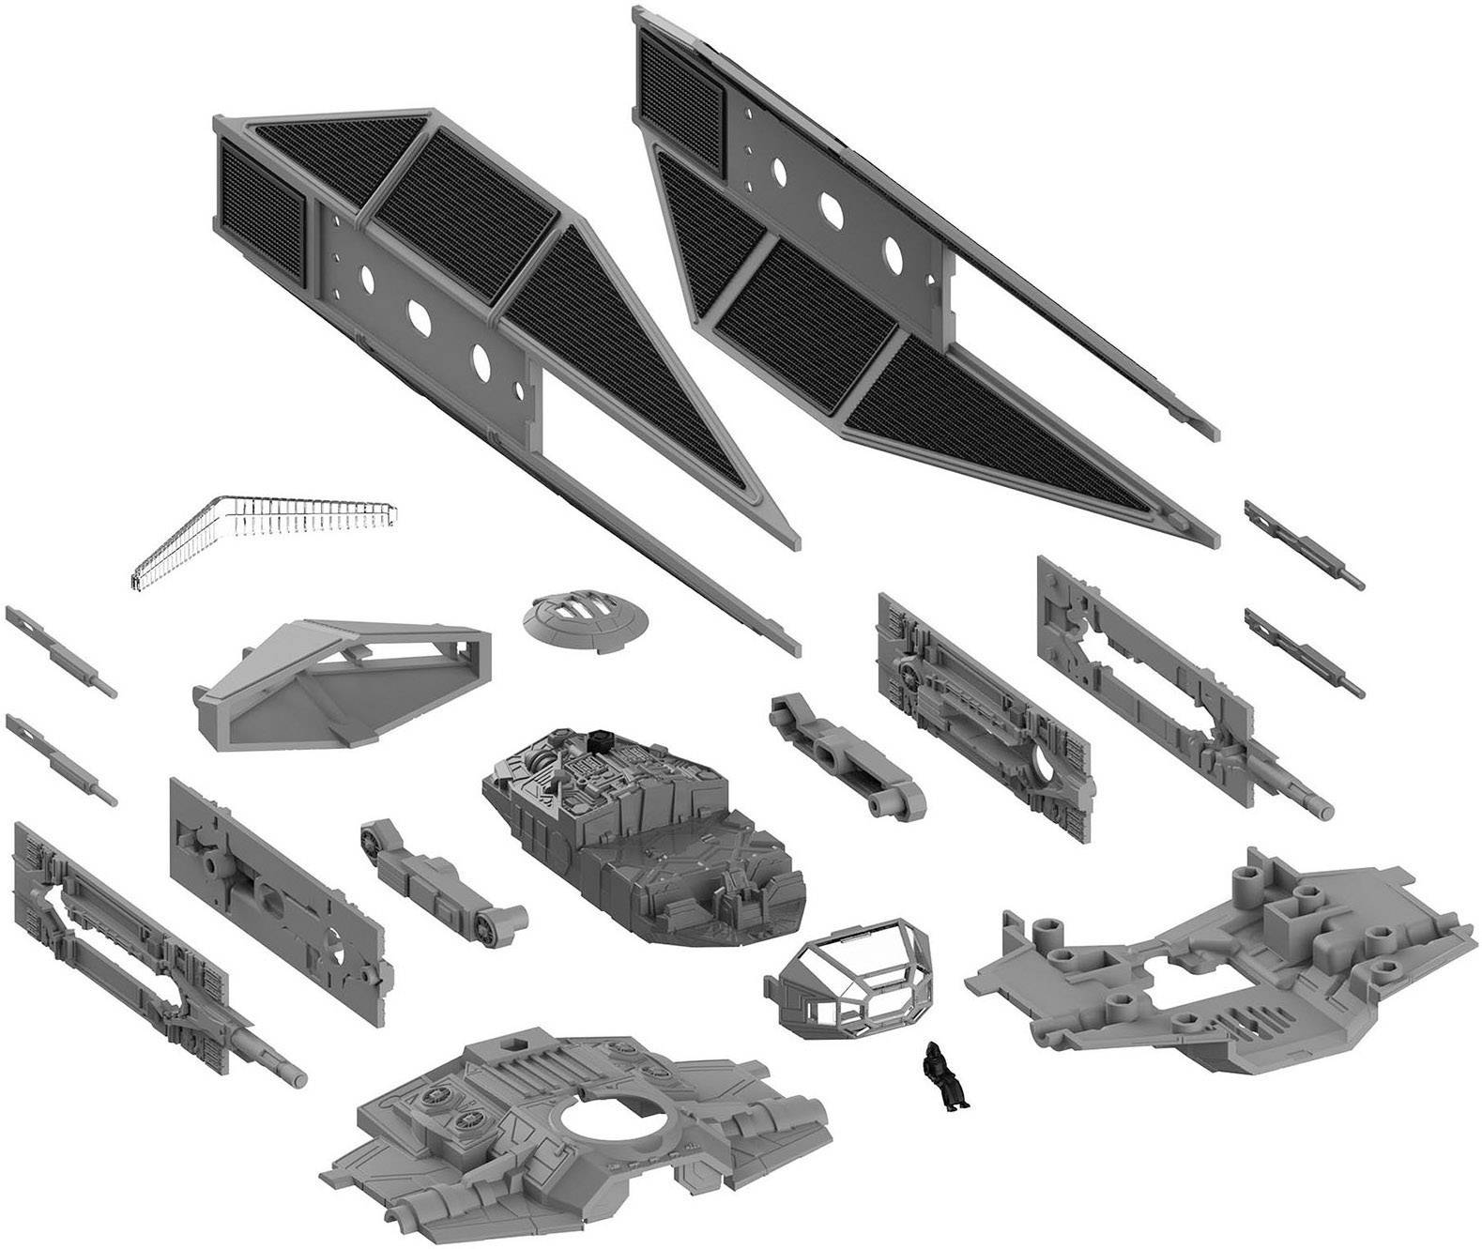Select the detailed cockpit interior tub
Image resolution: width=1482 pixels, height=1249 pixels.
644,830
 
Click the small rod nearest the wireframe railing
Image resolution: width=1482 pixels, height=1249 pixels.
61,647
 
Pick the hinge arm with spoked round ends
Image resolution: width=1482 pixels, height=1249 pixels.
440,872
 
